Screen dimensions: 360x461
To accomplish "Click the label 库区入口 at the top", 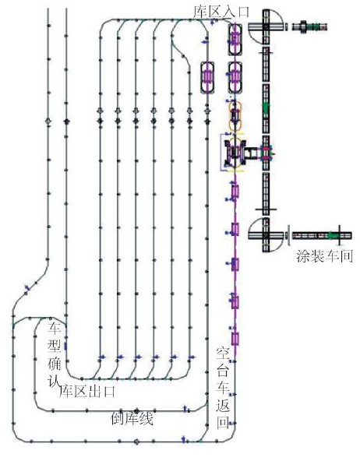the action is (221, 12).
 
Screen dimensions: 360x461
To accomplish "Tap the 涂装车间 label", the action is (324, 255).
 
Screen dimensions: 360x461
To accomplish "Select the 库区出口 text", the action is (87, 391).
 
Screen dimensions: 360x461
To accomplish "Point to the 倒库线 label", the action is (132, 419).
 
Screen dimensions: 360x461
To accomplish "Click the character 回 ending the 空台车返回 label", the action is (223, 423).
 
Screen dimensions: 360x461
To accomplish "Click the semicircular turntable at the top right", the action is (266, 26).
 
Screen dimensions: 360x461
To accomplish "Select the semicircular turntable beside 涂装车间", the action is (266, 235).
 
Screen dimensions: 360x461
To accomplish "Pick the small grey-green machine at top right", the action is (309, 27).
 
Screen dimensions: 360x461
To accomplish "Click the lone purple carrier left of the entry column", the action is (208, 77).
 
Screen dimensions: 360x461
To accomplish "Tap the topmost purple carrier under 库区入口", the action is (235, 40).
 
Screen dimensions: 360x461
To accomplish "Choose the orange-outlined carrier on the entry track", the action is (235, 115).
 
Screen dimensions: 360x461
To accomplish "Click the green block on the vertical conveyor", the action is (266, 107).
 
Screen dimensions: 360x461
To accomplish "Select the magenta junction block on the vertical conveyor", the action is (266, 153).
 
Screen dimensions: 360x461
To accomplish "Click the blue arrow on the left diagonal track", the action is (27, 287).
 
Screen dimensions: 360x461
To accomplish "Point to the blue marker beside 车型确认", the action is (65, 347).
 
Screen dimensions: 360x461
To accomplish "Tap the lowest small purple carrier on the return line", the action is (235, 339).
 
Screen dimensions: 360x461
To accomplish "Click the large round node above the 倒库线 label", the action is (136, 410).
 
